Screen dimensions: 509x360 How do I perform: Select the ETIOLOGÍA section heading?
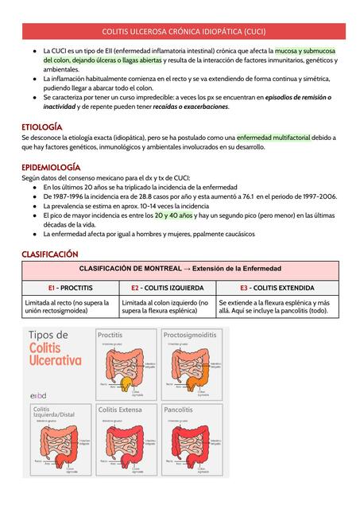42,126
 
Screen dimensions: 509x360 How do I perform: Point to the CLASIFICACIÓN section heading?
49,254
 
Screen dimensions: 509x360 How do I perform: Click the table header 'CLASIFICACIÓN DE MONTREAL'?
180,269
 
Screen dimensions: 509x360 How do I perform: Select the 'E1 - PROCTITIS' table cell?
70,288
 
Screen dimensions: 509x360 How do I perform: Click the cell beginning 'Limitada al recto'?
70,307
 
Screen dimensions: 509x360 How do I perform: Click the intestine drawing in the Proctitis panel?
125,369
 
